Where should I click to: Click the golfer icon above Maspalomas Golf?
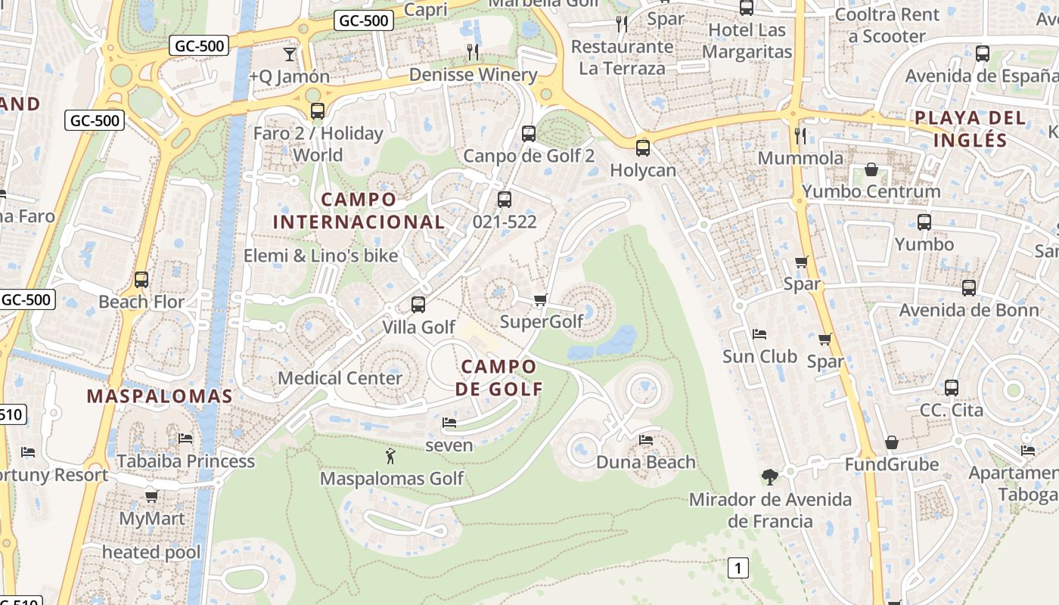(x=390, y=457)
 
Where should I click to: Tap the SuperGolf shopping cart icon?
(x=540, y=300)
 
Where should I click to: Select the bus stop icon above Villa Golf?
(x=418, y=305)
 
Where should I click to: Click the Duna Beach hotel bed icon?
(x=645, y=439)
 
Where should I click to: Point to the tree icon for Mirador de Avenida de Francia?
(x=770, y=476)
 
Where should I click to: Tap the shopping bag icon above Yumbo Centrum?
(x=871, y=169)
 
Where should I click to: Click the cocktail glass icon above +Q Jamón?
(x=289, y=54)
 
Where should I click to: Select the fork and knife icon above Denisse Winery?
(x=473, y=51)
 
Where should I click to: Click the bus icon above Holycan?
(x=643, y=148)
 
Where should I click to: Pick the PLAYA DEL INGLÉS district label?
(x=970, y=129)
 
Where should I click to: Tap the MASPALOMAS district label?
(x=160, y=396)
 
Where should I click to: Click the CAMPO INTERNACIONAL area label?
(x=359, y=211)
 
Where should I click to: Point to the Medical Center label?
(x=340, y=377)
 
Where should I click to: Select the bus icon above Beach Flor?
(x=141, y=280)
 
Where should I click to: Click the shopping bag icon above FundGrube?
(x=892, y=442)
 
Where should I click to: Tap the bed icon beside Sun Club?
(x=759, y=334)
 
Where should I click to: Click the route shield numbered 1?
(x=738, y=567)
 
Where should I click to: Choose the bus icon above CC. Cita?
(x=952, y=388)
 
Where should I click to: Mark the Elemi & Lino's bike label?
(x=321, y=256)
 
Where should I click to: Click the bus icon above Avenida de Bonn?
(x=969, y=288)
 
